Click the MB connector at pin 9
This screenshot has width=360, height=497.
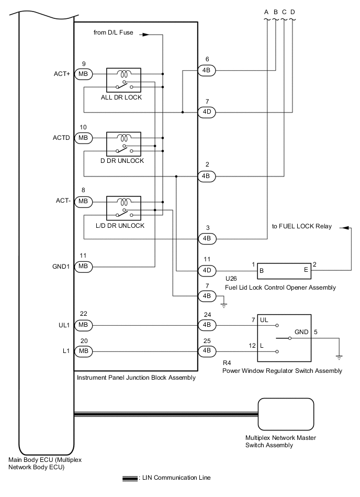click(83, 74)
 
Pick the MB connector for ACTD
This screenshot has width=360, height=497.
click(83, 138)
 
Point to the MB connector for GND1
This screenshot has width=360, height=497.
click(83, 266)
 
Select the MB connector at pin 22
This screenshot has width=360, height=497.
click(83, 325)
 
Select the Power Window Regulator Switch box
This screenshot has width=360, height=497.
click(284, 338)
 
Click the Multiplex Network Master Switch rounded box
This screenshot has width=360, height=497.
click(286, 414)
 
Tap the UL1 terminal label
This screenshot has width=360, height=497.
click(64, 325)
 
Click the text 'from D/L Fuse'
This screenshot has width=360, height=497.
click(114, 33)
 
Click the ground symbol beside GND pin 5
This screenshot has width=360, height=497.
click(339, 357)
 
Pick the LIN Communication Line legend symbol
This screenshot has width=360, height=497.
click(130, 478)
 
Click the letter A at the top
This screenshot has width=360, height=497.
click(267, 12)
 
